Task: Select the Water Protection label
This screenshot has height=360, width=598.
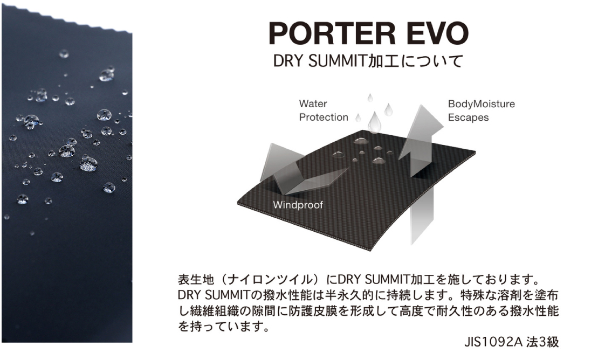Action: pos(324,110)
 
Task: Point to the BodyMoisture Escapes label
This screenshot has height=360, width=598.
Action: pos(482,110)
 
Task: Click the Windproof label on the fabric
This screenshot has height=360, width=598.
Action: pos(298,205)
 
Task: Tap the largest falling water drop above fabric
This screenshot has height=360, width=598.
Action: pos(375,122)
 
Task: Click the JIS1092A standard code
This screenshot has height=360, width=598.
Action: pos(493,342)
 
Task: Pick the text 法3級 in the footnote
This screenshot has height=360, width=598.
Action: pos(542,342)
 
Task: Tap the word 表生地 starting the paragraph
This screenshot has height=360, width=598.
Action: pos(196,280)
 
